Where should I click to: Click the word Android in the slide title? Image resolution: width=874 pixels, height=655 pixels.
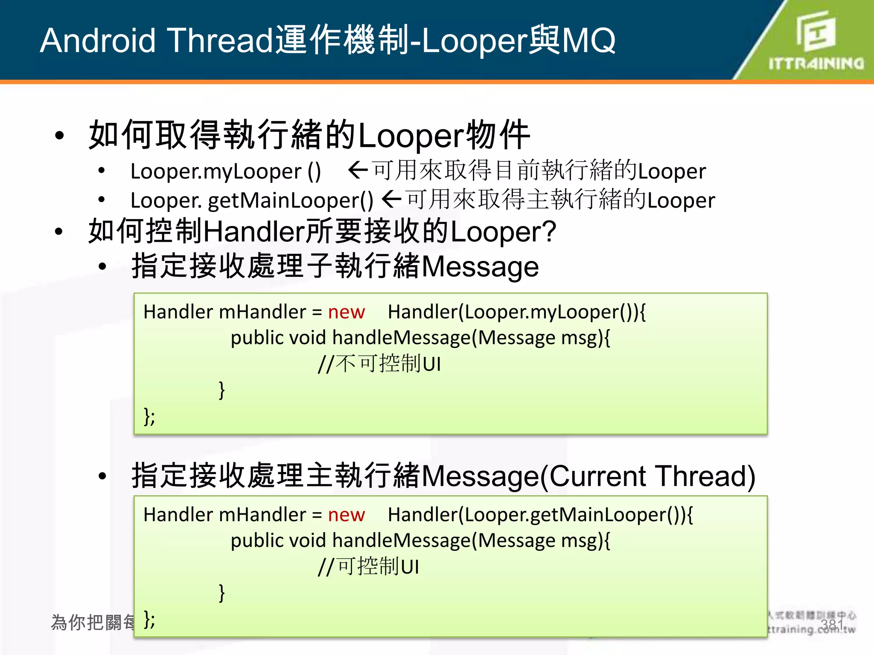[98, 41]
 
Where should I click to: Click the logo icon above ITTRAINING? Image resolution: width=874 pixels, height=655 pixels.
[816, 30]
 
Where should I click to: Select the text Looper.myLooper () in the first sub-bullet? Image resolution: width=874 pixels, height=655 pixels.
[225, 171]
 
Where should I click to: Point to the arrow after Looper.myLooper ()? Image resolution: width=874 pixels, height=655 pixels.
[358, 171]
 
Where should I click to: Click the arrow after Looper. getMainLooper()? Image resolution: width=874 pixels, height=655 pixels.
[391, 199]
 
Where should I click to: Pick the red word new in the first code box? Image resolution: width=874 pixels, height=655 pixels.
[346, 312]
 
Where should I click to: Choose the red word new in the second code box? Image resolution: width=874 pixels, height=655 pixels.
[346, 515]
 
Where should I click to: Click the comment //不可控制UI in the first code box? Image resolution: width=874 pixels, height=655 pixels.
[379, 364]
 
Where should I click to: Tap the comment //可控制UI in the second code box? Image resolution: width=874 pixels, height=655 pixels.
[368, 567]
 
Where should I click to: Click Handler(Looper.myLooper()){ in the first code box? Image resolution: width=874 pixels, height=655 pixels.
[516, 312]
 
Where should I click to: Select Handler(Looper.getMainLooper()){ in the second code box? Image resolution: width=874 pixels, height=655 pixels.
[540, 515]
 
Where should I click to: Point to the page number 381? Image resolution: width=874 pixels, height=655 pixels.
[831, 625]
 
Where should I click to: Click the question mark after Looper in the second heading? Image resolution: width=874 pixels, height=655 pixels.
[550, 232]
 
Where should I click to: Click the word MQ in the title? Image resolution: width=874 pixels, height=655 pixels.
[588, 41]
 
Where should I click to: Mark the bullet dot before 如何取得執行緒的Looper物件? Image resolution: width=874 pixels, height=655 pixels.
[59, 136]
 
